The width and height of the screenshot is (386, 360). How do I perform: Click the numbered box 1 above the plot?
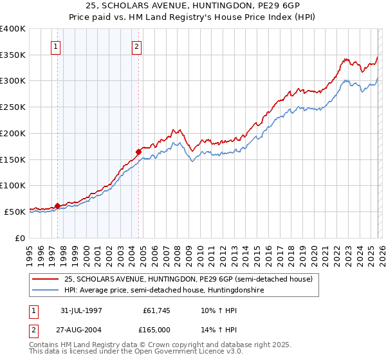pyautogui.click(x=55, y=46)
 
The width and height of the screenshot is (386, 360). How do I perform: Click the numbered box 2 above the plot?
pyautogui.click(x=138, y=46)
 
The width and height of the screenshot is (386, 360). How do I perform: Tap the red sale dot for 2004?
pyautogui.click(x=138, y=152)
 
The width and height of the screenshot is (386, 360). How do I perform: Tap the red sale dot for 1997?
pyautogui.click(x=58, y=206)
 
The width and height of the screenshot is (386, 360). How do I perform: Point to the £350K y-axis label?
pyautogui.click(x=13, y=55)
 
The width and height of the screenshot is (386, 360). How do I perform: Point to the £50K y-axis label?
pyautogui.click(x=15, y=212)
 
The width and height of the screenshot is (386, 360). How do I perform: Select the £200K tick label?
pyautogui.click(x=13, y=134)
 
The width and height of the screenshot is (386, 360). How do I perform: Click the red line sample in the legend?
pyautogui.click(x=46, y=279)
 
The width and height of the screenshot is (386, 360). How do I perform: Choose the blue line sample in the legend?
pyautogui.click(x=46, y=291)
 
